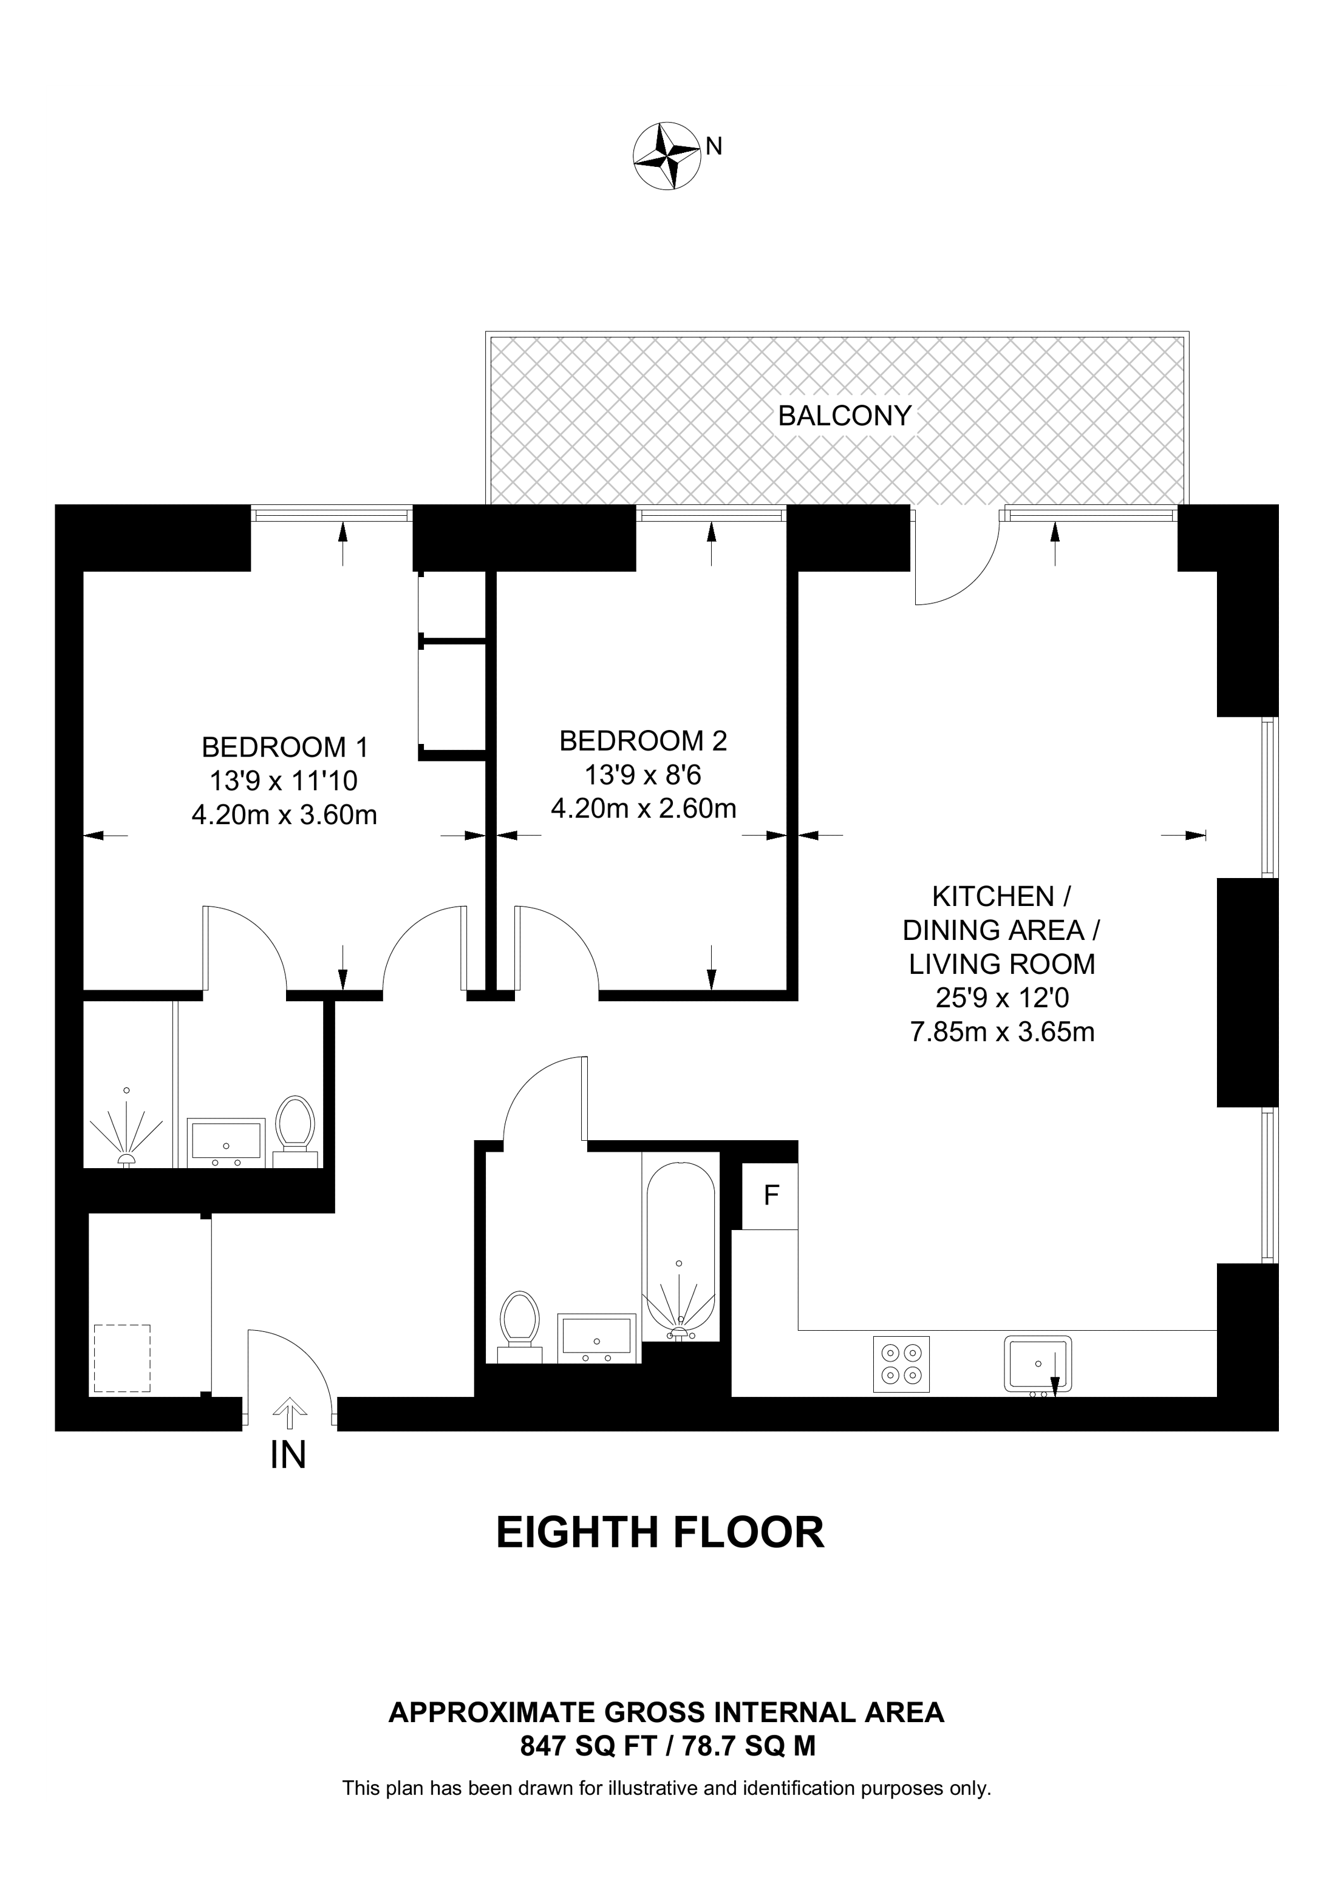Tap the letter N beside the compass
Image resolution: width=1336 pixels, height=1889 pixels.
click(715, 146)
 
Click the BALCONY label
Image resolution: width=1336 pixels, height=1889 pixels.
click(845, 416)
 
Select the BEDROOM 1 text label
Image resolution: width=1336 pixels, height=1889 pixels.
click(285, 747)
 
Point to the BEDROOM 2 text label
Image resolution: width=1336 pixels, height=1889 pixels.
click(643, 742)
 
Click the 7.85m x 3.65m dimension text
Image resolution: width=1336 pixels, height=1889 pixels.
click(1002, 1032)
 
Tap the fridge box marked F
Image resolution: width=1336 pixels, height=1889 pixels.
click(771, 1195)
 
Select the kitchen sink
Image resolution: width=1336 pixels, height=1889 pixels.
click(1037, 1364)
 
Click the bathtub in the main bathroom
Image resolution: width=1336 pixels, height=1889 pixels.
click(680, 1251)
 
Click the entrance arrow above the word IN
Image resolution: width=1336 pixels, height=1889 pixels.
click(288, 1413)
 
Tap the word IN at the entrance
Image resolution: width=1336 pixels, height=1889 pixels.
click(288, 1455)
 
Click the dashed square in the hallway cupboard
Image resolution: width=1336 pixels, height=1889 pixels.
click(122, 1357)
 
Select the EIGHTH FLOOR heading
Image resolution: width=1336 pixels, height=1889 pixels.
click(659, 1533)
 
